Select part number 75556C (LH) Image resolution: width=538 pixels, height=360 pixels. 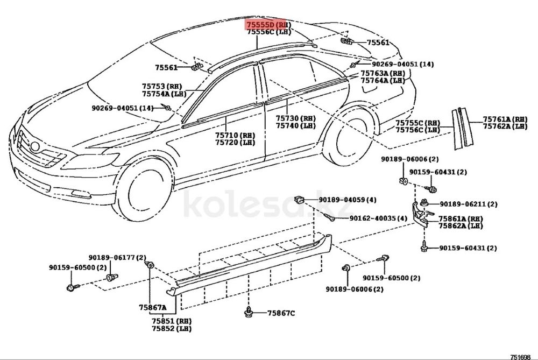click(269, 32)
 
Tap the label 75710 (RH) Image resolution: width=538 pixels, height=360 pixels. click(236, 135)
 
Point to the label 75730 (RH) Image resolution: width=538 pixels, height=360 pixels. click(296, 118)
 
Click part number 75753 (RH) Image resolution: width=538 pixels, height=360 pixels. click(162, 87)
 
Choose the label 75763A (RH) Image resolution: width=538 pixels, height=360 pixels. click(383, 73)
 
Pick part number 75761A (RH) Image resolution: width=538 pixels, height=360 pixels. click(505, 119)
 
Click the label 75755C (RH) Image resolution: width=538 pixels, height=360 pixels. click(418, 123)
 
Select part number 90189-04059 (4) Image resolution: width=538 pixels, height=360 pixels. click(348, 200)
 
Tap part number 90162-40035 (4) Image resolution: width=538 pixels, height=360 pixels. click(378, 218)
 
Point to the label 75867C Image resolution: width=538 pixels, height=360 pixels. click(281, 313)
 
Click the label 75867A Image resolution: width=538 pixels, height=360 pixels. click(153, 307)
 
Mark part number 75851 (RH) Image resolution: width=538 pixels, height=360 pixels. click(172, 321)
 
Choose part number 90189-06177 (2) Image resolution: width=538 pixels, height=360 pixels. click(117, 257)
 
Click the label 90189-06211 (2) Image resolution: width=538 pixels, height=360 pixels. click(469, 204)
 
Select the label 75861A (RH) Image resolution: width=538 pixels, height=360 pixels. click(461, 218)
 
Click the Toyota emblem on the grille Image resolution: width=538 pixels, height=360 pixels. click(34, 147)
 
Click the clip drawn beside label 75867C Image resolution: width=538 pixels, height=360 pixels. click(249, 312)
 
